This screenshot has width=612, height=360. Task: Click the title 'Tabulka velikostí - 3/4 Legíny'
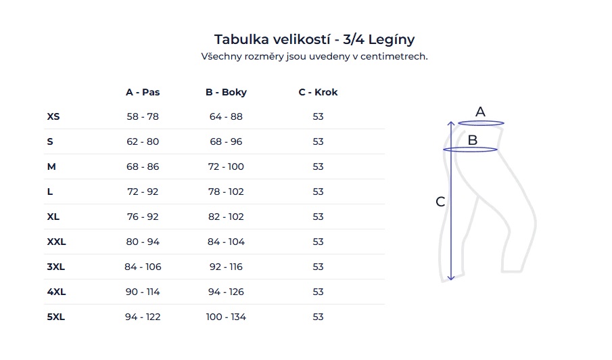tap(314, 39)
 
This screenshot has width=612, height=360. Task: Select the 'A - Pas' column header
tap(143, 92)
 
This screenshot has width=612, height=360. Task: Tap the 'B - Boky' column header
tap(226, 92)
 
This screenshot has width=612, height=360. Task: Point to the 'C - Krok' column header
tap(318, 92)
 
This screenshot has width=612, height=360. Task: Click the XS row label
tap(53, 116)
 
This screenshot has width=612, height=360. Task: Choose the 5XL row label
tap(55, 317)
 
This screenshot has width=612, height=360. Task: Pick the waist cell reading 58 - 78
tap(143, 116)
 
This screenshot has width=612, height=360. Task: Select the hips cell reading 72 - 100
tap(226, 166)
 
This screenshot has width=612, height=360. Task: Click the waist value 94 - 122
tap(143, 317)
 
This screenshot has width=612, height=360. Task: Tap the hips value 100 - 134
tap(226, 317)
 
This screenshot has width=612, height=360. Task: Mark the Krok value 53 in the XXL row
tap(318, 242)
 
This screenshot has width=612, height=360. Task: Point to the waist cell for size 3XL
tap(143, 267)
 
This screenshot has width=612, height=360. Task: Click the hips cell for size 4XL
tap(226, 292)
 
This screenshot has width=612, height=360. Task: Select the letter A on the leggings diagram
tap(480, 112)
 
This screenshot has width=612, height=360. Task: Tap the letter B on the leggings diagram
tap(473, 140)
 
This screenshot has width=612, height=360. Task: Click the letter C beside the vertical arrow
tap(440, 202)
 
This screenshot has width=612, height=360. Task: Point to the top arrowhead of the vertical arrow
tap(452, 123)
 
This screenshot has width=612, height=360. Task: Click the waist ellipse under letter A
tap(481, 123)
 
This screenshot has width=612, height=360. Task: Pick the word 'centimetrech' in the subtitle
tap(395, 57)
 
